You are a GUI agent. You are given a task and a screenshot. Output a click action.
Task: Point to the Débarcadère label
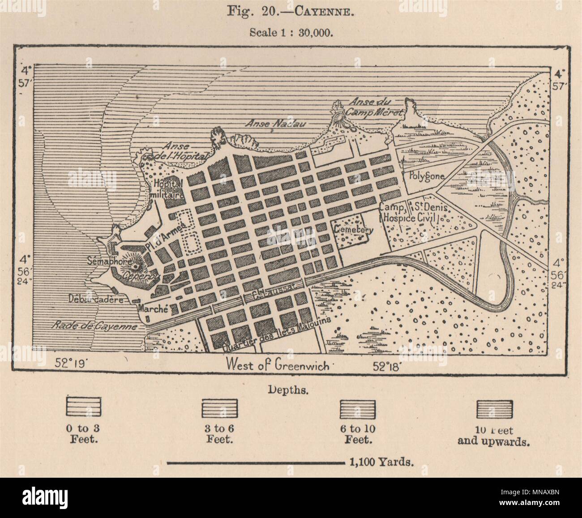tap(96, 300)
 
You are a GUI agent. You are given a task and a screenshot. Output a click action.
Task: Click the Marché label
tap(152, 308)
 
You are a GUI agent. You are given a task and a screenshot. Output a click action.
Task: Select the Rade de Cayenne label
tap(94, 326)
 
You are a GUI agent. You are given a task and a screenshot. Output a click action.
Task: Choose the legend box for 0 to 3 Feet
tap(84, 408)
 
